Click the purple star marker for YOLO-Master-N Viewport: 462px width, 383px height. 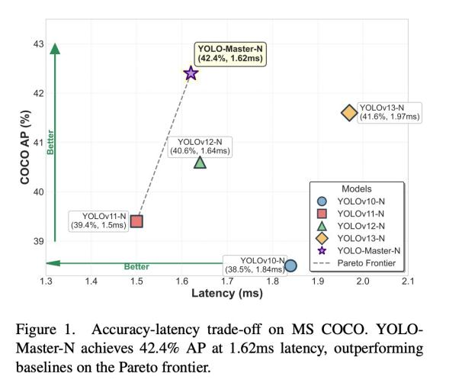point(191,73)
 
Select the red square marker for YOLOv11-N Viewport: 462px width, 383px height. point(136,221)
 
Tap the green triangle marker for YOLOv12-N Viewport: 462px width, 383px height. point(200,162)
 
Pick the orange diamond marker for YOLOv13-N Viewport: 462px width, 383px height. point(349,113)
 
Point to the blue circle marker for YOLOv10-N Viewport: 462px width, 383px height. point(290,266)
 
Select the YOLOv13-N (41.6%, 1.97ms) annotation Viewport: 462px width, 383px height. point(390,112)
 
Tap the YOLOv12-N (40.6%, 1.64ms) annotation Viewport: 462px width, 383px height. point(201,146)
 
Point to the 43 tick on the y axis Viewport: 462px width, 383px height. point(37,44)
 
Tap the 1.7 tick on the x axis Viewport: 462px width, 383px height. point(226,282)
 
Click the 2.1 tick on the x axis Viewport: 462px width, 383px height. point(406,282)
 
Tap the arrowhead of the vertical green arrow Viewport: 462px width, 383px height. point(55,48)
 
